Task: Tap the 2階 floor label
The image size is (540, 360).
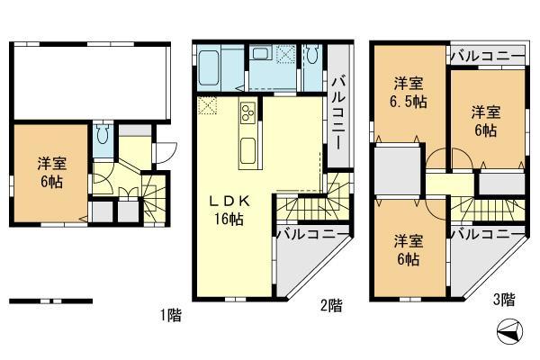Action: tap(330, 306)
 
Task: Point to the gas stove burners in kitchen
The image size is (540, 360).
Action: tap(247, 112)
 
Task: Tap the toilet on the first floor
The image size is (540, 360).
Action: tap(103, 137)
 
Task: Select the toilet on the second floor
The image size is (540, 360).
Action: tap(311, 56)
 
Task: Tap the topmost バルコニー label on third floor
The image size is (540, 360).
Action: tap(487, 57)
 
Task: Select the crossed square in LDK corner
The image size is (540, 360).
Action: tap(208, 104)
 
